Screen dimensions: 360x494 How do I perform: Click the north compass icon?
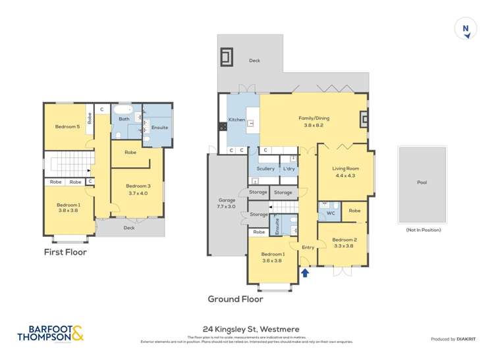pos(466,29)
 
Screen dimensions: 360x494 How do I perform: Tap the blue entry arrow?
pos(304,270)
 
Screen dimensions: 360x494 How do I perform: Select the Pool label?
pos(422,182)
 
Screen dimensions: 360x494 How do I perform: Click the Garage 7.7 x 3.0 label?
pos(226,203)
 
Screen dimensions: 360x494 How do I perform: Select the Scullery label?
pos(265,168)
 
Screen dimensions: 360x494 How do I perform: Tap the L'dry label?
pos(288,168)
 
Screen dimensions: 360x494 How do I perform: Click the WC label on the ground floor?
pos(331,213)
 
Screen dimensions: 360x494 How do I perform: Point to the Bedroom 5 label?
pos(67,126)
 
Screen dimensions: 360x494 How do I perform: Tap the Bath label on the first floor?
pos(124,119)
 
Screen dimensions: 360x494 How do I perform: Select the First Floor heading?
pos(65,252)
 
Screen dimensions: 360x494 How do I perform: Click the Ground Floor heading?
pos(235,299)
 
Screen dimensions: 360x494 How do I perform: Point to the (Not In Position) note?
pos(422,230)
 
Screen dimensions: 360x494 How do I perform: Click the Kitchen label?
pos(236,120)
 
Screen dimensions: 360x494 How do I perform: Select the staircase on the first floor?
pos(67,164)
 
